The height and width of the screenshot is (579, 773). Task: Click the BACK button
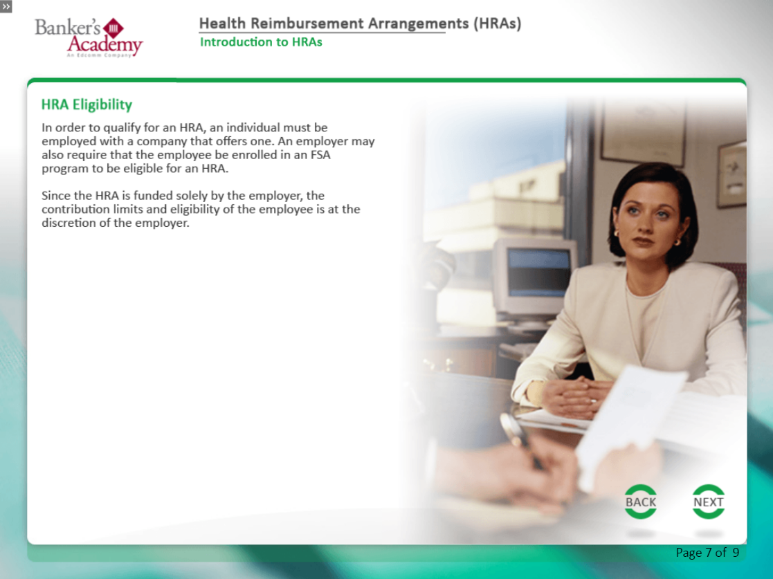(x=640, y=502)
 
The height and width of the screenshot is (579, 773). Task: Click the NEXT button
(x=709, y=502)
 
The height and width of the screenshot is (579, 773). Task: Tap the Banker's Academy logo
(x=89, y=37)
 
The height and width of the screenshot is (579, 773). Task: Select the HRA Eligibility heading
(x=87, y=104)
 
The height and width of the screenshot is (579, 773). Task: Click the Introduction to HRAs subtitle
(x=261, y=42)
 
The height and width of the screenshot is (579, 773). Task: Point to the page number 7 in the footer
(x=709, y=553)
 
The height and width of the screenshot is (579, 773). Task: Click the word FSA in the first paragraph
(x=320, y=155)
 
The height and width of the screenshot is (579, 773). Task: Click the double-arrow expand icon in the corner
(x=6, y=6)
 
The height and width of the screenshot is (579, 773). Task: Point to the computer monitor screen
(x=538, y=273)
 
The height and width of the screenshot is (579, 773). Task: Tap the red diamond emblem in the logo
(x=113, y=28)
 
